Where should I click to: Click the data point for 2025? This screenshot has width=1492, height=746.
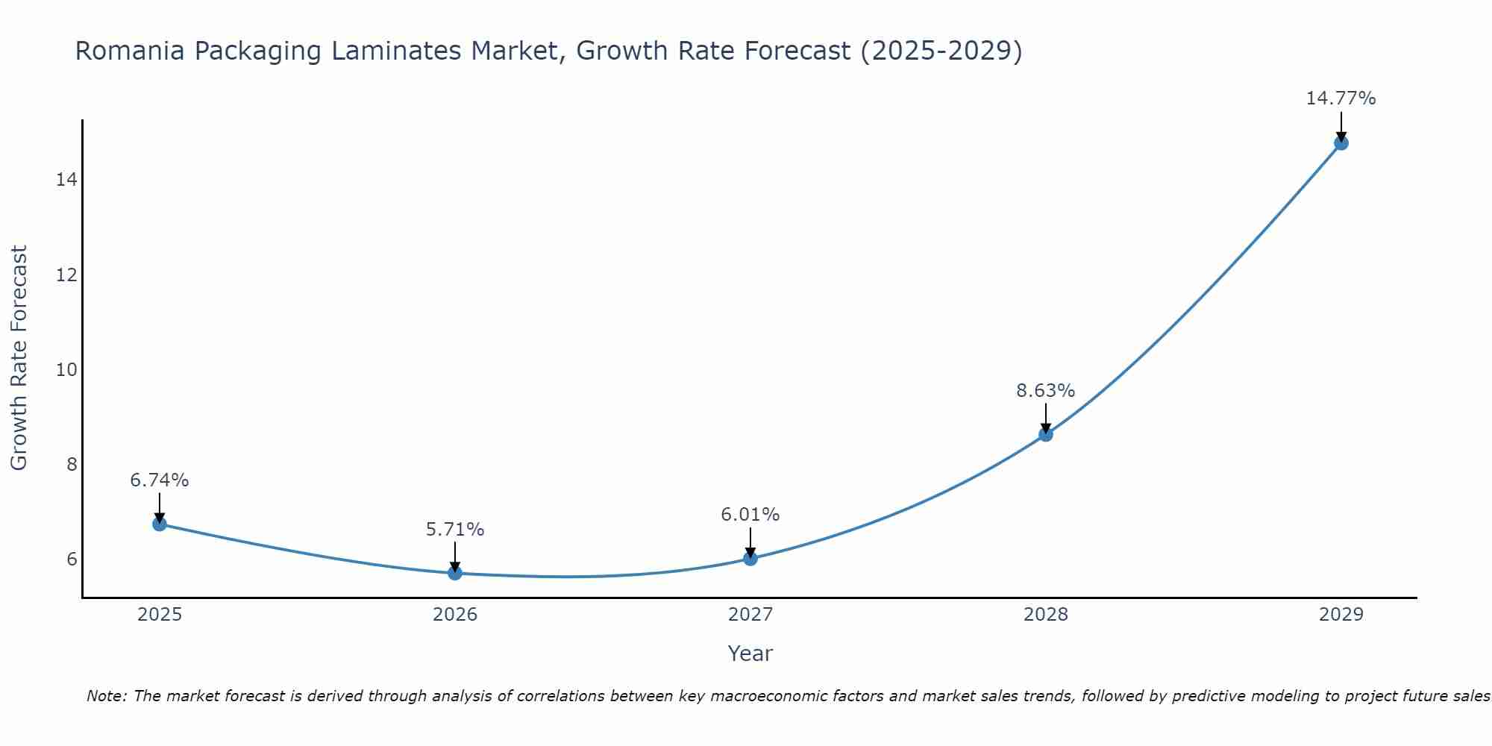pyautogui.click(x=160, y=524)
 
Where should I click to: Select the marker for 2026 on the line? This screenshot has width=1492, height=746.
pyautogui.click(x=455, y=573)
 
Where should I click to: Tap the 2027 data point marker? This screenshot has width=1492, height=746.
pyautogui.click(x=750, y=558)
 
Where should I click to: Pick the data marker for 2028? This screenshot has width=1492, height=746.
pyautogui.click(x=1046, y=434)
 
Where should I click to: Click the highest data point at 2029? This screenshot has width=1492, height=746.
pyautogui.click(x=1341, y=142)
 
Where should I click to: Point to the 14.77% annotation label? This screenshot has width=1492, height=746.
pyautogui.click(x=1341, y=98)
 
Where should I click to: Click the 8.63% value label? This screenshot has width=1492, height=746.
pyautogui.click(x=1045, y=391)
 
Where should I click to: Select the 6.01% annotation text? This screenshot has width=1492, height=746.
pyautogui.click(x=750, y=515)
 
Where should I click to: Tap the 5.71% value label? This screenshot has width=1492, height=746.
pyautogui.click(x=454, y=530)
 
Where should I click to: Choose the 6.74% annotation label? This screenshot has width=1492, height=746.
pyautogui.click(x=160, y=480)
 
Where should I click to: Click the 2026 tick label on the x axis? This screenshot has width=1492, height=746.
pyautogui.click(x=455, y=615)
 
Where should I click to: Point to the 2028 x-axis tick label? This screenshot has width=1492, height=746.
pyautogui.click(x=1046, y=615)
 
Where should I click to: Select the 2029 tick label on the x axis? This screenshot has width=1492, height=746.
pyautogui.click(x=1341, y=615)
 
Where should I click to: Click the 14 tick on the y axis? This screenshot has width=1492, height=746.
pyautogui.click(x=66, y=180)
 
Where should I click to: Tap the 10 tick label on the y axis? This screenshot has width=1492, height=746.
pyautogui.click(x=66, y=369)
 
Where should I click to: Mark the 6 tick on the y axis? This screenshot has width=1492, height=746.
pyautogui.click(x=72, y=559)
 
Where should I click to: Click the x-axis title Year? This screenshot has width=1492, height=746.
pyautogui.click(x=750, y=653)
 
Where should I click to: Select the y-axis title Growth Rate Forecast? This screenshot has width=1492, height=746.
pyautogui.click(x=19, y=358)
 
